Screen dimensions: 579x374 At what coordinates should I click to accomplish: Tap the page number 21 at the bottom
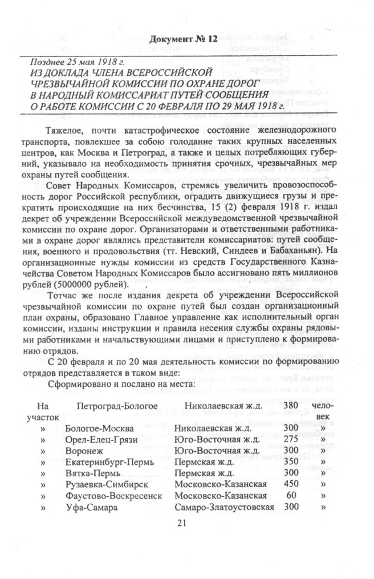tap(182, 524)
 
